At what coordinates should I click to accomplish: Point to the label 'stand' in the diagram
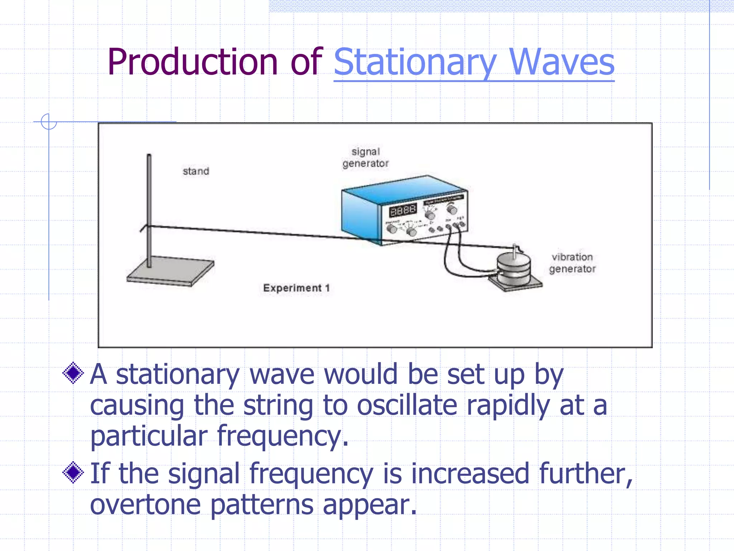pyautogui.click(x=196, y=171)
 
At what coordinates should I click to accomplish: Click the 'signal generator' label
pyautogui.click(x=365, y=157)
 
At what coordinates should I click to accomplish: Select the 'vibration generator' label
pyautogui.click(x=572, y=263)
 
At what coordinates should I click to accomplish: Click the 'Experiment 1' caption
pyautogui.click(x=296, y=288)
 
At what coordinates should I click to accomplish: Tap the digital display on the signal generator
pyautogui.click(x=403, y=211)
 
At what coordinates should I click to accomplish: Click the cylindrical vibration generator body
pyautogui.click(x=514, y=269)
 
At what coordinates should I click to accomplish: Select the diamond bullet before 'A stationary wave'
pyautogui.click(x=73, y=373)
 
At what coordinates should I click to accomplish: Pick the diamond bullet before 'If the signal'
pyautogui.click(x=73, y=472)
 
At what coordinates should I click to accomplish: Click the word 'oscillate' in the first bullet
pyautogui.click(x=407, y=405)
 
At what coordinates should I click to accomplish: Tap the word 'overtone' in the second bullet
pyautogui.click(x=145, y=504)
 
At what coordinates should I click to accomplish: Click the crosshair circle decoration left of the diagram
pyautogui.click(x=49, y=122)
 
